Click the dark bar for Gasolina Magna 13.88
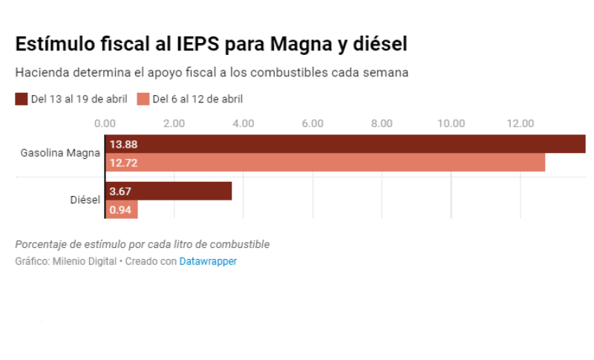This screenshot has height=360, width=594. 345,144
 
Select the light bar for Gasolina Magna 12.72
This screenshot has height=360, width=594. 325,163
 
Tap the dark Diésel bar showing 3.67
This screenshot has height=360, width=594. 169,192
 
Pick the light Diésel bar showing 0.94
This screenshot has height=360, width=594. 122,210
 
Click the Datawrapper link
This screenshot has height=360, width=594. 208,261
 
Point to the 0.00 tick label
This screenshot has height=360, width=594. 105,123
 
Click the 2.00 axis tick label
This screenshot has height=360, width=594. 174,123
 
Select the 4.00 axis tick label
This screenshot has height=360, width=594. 244,123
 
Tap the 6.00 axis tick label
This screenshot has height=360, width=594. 313,123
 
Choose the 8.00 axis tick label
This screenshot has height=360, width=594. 382,123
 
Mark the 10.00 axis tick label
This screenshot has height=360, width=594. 451,123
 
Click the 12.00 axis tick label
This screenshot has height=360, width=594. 520,123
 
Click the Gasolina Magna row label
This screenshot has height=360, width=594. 60,153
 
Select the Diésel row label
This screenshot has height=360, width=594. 85,200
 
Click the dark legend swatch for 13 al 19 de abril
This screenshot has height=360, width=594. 21,99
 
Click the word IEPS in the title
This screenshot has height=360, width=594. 196,44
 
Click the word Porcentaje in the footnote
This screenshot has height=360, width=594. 41,244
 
